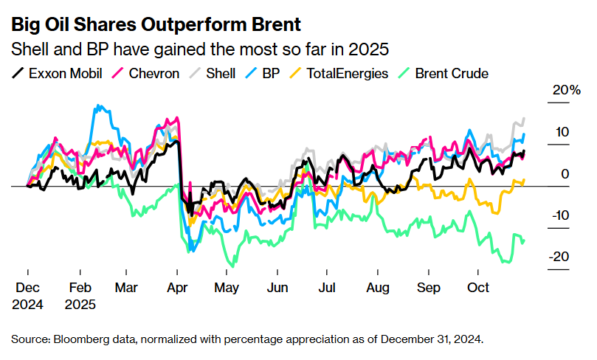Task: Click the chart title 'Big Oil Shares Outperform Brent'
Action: pyautogui.click(x=156, y=24)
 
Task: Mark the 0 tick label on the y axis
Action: pyautogui.click(x=565, y=174)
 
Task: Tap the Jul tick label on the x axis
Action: pyautogui.click(x=328, y=286)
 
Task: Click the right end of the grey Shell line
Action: pyautogui.click(x=524, y=118)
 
